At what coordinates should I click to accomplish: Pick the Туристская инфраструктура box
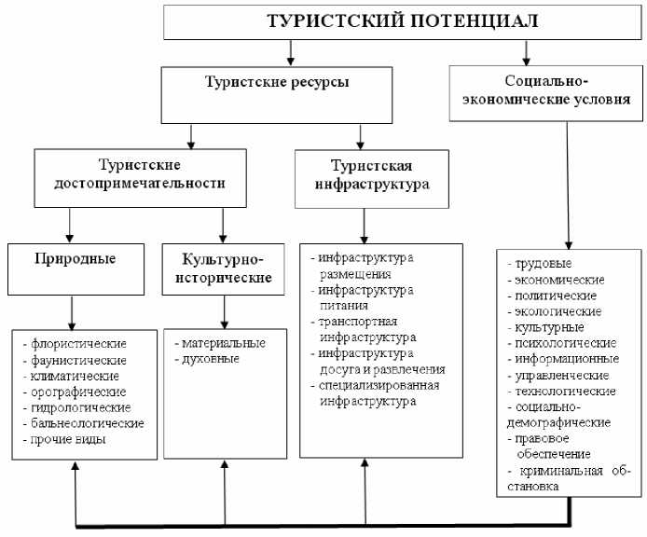[365, 174]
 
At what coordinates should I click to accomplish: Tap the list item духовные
[207, 359]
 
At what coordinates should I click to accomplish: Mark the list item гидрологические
[81, 407]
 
